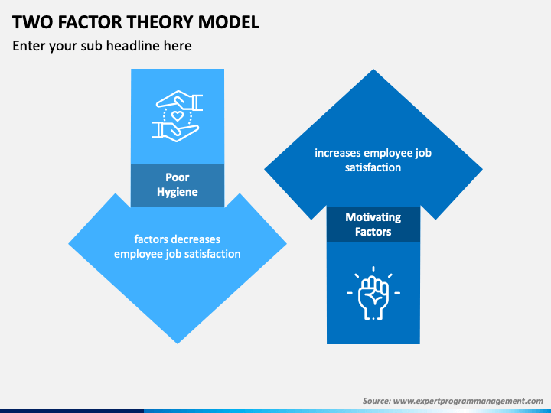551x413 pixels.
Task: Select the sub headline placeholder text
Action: [x=102, y=46]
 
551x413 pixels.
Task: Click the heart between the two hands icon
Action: [x=178, y=116]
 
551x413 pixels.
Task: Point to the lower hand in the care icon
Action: [x=176, y=131]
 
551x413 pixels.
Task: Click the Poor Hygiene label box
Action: [x=178, y=185]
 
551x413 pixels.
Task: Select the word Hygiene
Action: [x=178, y=192]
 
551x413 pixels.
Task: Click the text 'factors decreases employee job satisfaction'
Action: [x=178, y=246]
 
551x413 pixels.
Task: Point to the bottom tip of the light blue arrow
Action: [x=178, y=342]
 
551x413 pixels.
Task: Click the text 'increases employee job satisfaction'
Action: [x=373, y=160]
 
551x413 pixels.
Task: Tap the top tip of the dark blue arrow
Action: [x=373, y=71]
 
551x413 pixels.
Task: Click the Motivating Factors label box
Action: [x=373, y=224]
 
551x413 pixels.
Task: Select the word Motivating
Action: [x=373, y=217]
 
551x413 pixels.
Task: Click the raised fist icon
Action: [x=373, y=293]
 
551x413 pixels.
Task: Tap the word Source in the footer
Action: [x=377, y=401]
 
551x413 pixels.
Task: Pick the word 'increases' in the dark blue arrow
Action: [x=337, y=153]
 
